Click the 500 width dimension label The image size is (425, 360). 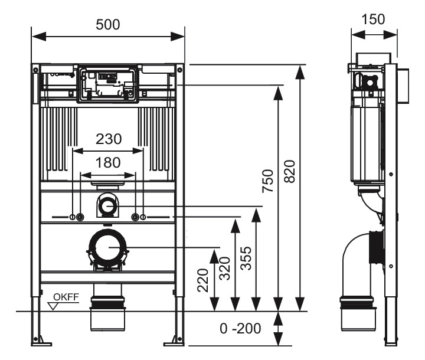(107, 24)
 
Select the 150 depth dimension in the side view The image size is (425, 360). (372, 19)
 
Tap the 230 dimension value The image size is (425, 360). (109, 139)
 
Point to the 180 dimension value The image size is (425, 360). (108, 162)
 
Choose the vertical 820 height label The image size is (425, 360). (289, 171)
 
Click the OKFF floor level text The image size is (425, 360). (66, 296)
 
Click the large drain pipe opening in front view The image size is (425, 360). (107, 247)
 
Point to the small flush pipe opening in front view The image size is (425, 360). (107, 206)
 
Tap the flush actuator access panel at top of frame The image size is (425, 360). (107, 84)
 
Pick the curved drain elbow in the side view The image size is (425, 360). (354, 260)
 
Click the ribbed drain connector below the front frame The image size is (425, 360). (107, 302)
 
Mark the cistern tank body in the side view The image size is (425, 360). (366, 142)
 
